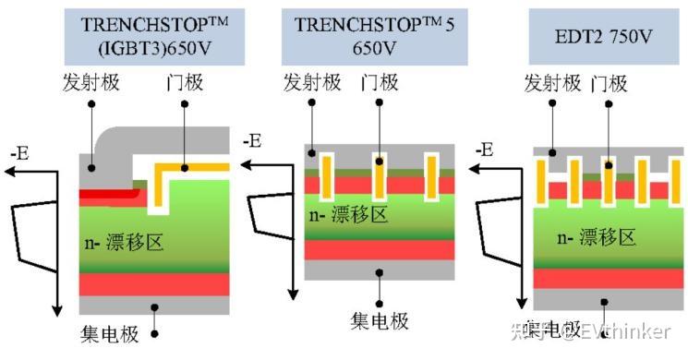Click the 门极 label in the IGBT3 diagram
pos(183,83)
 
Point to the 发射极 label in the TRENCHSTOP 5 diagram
pos(311,83)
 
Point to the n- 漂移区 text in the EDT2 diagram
pos(595,237)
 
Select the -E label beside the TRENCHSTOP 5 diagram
pos(251,141)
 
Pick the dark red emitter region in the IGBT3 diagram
pos(108,196)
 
